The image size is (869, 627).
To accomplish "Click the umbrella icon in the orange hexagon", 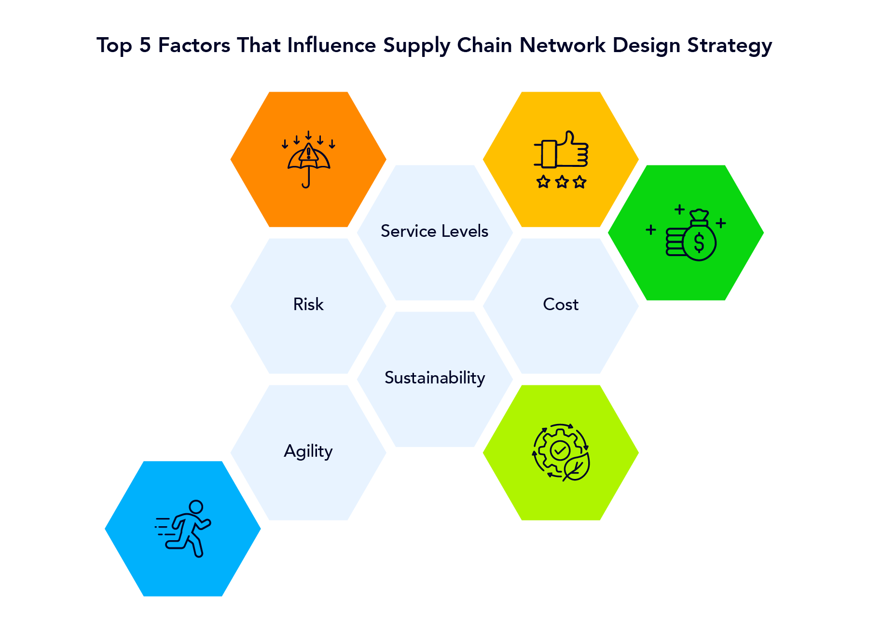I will pyautogui.click(x=308, y=162).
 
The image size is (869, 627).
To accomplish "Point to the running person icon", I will pyautogui.click(x=184, y=529).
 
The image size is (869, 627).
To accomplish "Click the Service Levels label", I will pyautogui.click(x=434, y=231).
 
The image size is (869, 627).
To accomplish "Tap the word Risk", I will pyautogui.click(x=308, y=304).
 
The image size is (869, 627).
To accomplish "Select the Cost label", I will pyautogui.click(x=561, y=304).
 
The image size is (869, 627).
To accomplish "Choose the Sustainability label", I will pyautogui.click(x=435, y=378).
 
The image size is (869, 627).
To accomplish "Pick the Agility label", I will pyautogui.click(x=308, y=451).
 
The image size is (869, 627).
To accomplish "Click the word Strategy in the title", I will pyautogui.click(x=730, y=45).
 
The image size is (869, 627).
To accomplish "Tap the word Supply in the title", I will pyautogui.click(x=416, y=45).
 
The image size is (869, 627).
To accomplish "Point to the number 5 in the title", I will pyautogui.click(x=145, y=45).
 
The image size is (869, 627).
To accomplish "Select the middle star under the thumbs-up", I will pyautogui.click(x=562, y=182).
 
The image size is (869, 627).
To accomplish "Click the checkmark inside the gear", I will pyautogui.click(x=560, y=451).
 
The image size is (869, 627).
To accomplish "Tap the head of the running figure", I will pyautogui.click(x=196, y=507).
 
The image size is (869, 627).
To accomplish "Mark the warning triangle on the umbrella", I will pyautogui.click(x=308, y=153).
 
